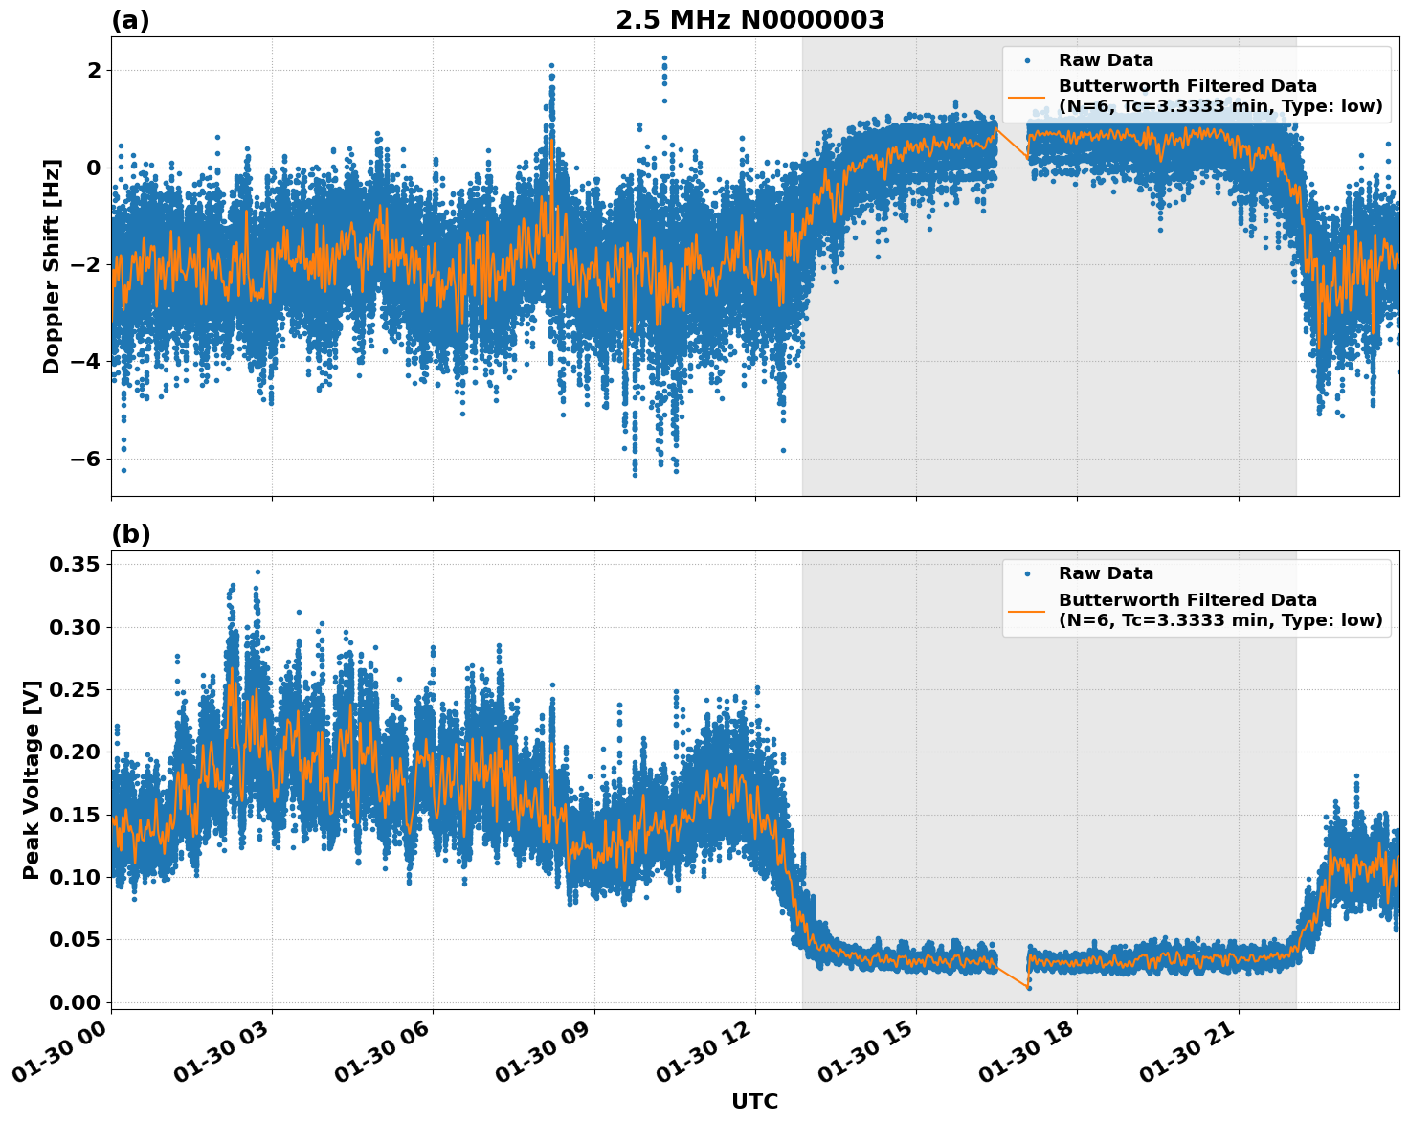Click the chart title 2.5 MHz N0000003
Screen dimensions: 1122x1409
coord(749,20)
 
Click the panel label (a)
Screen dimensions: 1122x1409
coord(130,20)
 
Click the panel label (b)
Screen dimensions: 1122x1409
coord(130,534)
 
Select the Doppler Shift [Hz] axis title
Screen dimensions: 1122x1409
coord(52,266)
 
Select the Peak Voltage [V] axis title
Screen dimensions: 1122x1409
coord(32,779)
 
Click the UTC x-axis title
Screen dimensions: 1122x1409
coord(754,1101)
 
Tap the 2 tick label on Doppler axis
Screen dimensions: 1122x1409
coord(94,71)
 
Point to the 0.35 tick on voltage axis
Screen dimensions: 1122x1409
coord(74,565)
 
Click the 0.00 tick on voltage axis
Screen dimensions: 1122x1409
coord(74,1002)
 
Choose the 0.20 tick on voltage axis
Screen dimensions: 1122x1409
coord(74,752)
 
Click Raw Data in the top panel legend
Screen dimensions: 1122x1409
coord(1106,60)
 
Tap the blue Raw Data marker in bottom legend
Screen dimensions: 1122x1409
coord(1027,573)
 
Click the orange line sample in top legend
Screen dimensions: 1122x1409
coord(1027,97)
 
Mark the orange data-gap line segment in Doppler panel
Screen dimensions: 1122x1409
coord(1012,143)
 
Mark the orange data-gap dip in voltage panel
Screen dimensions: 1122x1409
coord(1012,976)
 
